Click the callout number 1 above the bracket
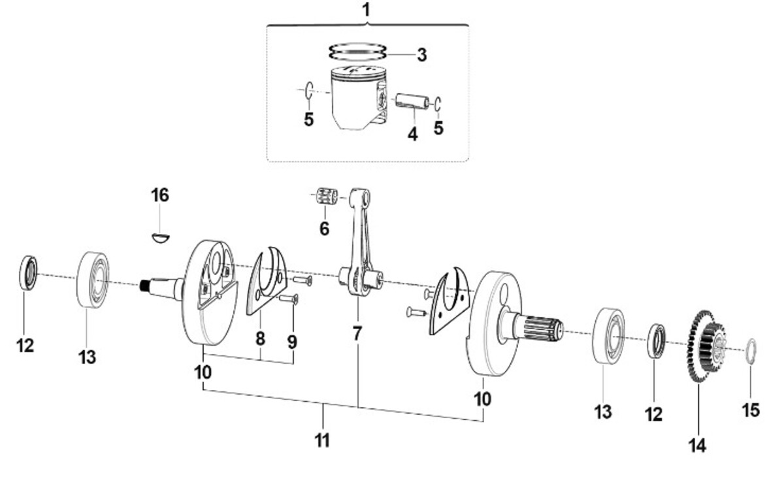pyautogui.click(x=366, y=10)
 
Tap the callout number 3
pyautogui.click(x=422, y=55)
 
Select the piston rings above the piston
pyautogui.click(x=357, y=52)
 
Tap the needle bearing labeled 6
pyautogui.click(x=327, y=195)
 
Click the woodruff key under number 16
pyautogui.click(x=161, y=237)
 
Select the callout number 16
pyautogui.click(x=160, y=195)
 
